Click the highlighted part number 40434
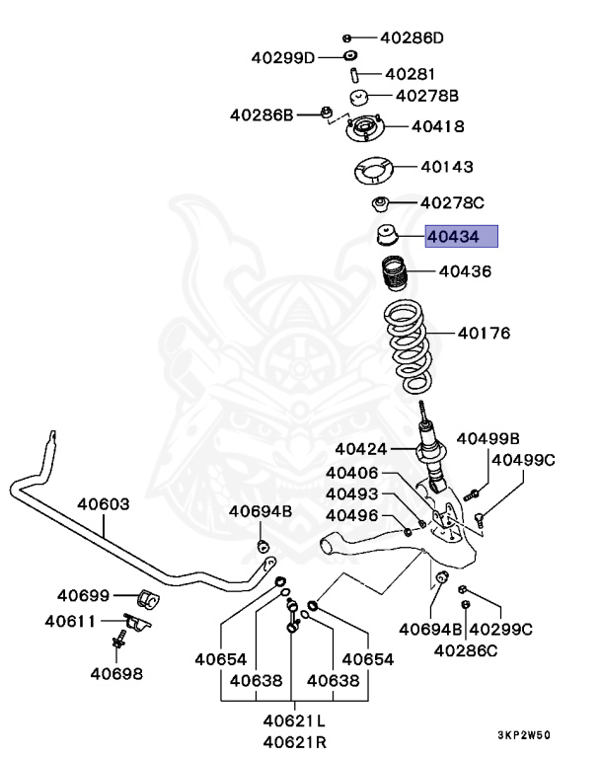pyautogui.click(x=453, y=237)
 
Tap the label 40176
pyautogui.click(x=484, y=333)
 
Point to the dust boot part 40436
pyautogui.click(x=395, y=273)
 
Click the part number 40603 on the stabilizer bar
pyautogui.click(x=104, y=504)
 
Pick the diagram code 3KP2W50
pyautogui.click(x=524, y=735)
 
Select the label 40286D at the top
pyautogui.click(x=412, y=38)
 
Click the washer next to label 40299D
pyautogui.click(x=350, y=55)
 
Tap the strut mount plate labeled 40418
pyautogui.click(x=364, y=128)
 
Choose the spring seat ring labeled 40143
pyautogui.click(x=372, y=170)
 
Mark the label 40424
pyautogui.click(x=361, y=449)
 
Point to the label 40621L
pyautogui.click(x=294, y=720)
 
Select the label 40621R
pyautogui.click(x=295, y=741)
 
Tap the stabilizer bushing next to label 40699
pyautogui.click(x=148, y=599)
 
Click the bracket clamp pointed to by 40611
pyautogui.click(x=137, y=622)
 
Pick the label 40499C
pyautogui.click(x=524, y=460)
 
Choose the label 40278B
pyautogui.click(x=427, y=96)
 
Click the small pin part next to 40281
pyautogui.click(x=353, y=75)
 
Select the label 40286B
pyautogui.click(x=262, y=115)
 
